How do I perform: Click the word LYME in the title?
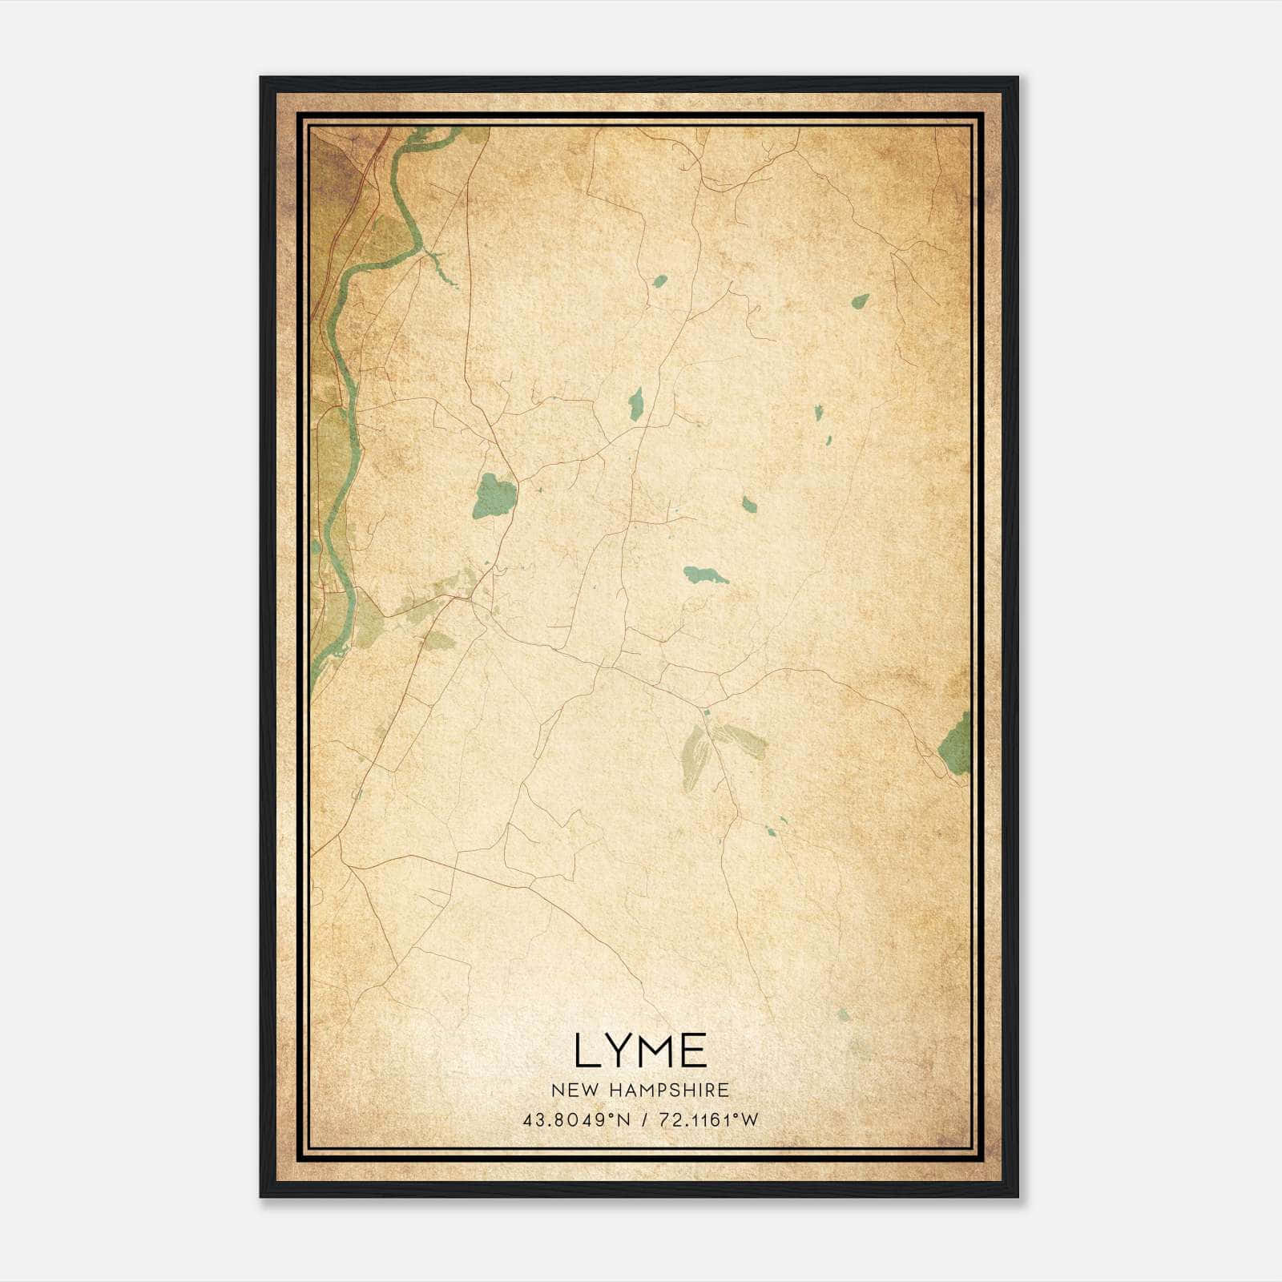tap(640, 1050)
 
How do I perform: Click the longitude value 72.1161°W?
tap(708, 1120)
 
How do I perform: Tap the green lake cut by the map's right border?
tap(956, 744)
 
